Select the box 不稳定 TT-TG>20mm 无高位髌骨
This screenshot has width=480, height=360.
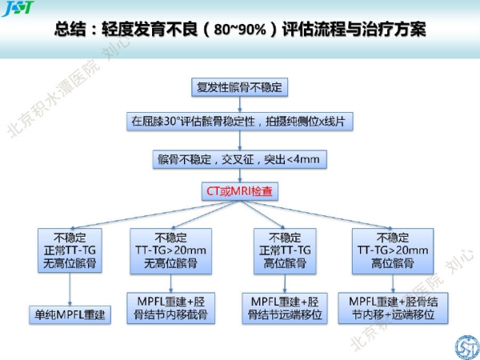click(170, 250)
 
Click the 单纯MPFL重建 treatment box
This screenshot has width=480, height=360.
click(70, 314)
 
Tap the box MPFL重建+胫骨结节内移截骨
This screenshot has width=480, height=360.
click(170, 308)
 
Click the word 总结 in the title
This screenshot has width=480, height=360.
click(70, 30)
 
